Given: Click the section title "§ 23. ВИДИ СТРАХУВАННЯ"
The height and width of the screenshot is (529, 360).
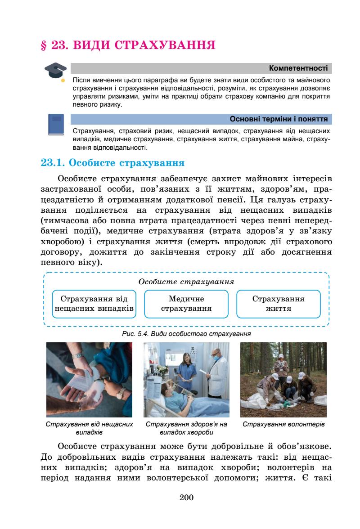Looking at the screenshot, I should click(127, 45).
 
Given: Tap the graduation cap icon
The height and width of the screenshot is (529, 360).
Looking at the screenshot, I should click(53, 72).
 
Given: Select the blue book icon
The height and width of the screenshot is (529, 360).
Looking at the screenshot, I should click(56, 125).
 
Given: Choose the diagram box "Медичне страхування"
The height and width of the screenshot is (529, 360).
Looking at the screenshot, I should click(186, 304).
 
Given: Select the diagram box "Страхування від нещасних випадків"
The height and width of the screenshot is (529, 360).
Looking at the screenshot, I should click(94, 304).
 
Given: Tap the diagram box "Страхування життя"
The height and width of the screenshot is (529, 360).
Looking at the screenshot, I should click(278, 304).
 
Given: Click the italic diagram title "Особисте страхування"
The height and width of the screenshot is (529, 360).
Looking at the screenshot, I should click(186, 282).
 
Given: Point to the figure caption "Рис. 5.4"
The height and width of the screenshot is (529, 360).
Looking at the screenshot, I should click(186, 334).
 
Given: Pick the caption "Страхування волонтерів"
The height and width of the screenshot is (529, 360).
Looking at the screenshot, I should click(283, 424).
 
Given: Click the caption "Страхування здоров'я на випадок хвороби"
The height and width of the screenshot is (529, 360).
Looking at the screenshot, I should click(186, 428).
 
